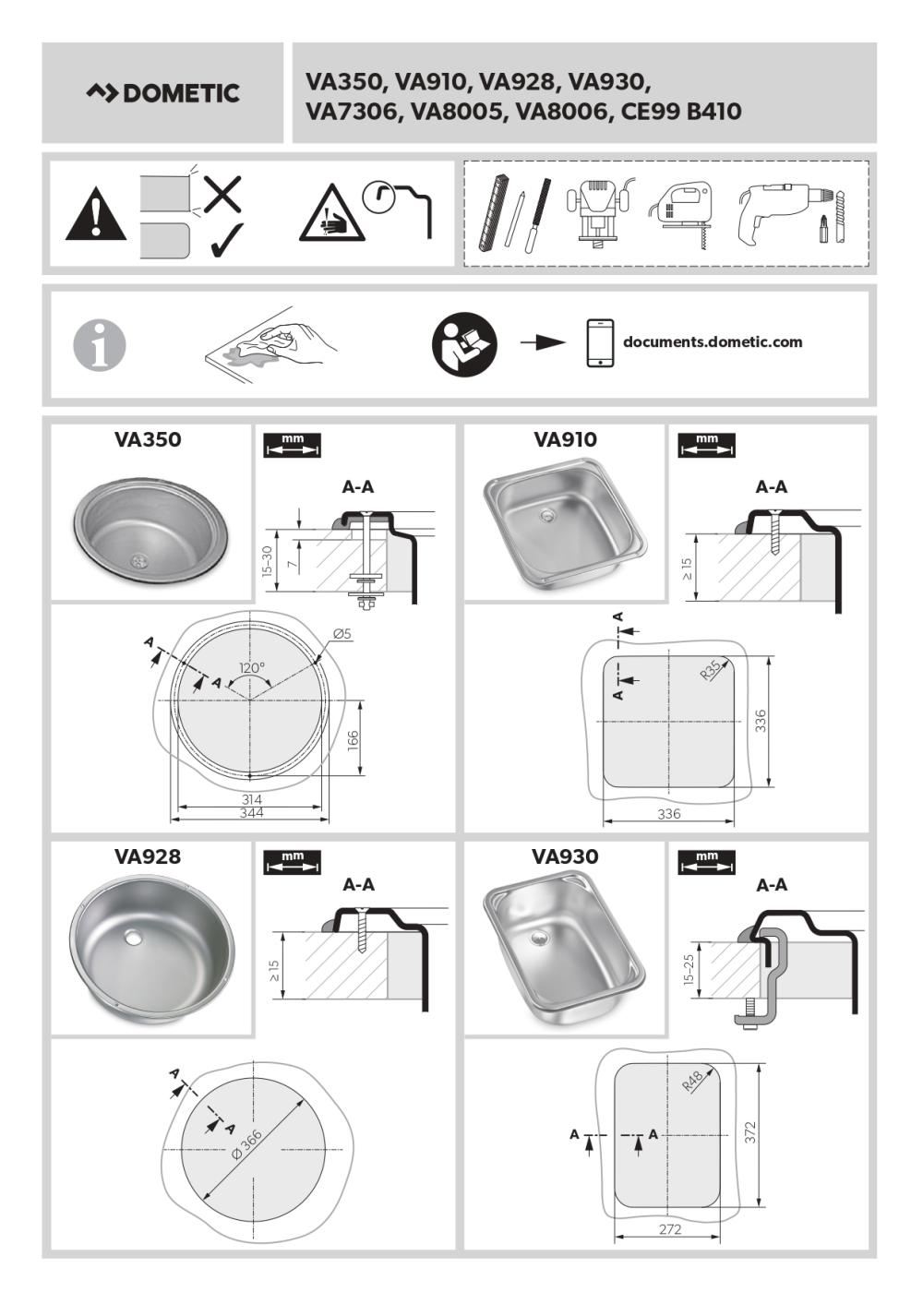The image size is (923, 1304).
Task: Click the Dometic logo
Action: [162, 93]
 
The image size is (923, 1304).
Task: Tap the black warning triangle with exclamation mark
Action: [96, 214]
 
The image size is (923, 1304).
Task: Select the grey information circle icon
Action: [99, 343]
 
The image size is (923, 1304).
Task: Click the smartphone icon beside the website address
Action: [600, 343]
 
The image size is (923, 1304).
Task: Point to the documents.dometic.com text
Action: [713, 341]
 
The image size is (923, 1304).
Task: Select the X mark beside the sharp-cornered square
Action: [222, 193]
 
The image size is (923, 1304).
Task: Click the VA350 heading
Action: [148, 439]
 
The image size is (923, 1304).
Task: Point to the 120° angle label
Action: [252, 668]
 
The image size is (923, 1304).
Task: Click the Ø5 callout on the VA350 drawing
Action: [343, 633]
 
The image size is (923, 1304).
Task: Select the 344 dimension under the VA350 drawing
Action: [252, 813]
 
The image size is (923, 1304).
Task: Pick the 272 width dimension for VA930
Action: [670, 1229]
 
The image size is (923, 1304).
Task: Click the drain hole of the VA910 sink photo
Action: [546, 514]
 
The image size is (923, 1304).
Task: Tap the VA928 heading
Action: [148, 856]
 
